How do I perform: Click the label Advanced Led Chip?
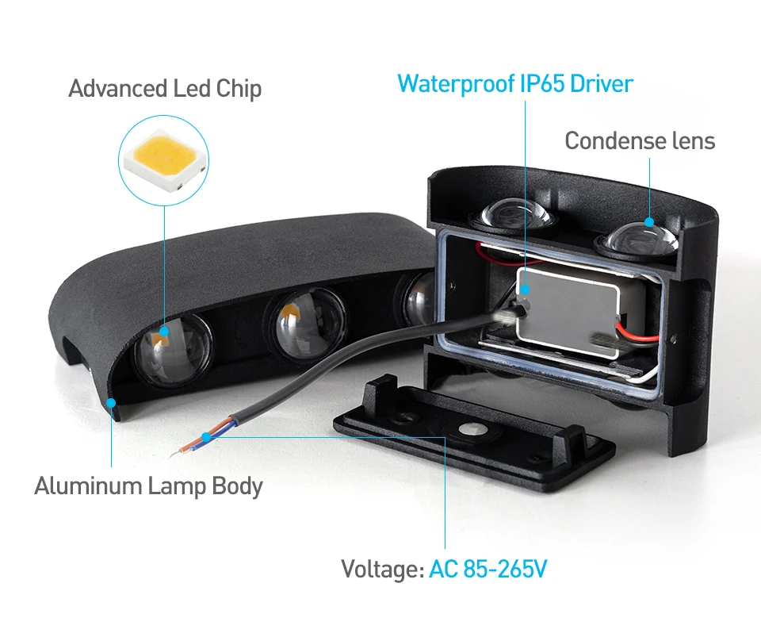coord(165,88)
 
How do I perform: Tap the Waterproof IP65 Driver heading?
coord(515,83)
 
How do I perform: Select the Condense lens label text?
coord(639,141)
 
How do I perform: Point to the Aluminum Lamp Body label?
coord(148,485)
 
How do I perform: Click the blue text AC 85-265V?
coord(488,569)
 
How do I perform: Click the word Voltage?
coord(380,569)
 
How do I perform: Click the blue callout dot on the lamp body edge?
coord(112,403)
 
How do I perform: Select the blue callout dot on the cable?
coord(206,436)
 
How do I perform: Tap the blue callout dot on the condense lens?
coord(650,223)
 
